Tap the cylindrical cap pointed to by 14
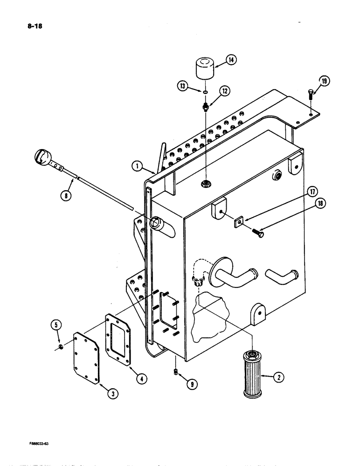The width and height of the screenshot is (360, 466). click(204, 69)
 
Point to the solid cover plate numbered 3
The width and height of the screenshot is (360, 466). click(87, 358)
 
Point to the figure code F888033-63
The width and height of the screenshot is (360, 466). click(35, 444)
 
